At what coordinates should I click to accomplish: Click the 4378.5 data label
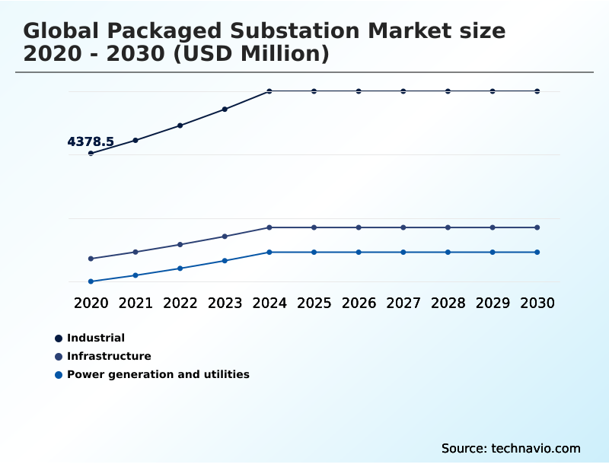tap(91, 141)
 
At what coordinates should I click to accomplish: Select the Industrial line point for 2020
tap(91, 153)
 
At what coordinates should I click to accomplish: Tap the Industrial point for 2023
tap(225, 109)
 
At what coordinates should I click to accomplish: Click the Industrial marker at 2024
tap(269, 91)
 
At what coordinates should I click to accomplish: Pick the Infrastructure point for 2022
tap(180, 244)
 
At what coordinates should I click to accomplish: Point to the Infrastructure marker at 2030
tap(537, 227)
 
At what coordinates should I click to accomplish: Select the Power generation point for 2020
tap(91, 281)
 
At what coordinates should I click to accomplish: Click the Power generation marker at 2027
tap(403, 252)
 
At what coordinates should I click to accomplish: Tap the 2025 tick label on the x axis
tap(314, 303)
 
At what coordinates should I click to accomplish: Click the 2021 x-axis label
tap(136, 303)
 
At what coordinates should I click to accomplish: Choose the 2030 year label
tap(537, 303)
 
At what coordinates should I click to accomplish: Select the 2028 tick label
tap(448, 303)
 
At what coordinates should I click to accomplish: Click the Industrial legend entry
tap(95, 338)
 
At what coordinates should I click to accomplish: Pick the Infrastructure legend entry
tap(109, 356)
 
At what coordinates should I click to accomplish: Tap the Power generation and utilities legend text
tap(158, 374)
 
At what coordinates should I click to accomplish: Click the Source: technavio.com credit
tap(510, 448)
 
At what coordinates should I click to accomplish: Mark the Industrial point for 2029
tap(493, 91)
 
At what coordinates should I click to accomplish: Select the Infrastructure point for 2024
tap(269, 227)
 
